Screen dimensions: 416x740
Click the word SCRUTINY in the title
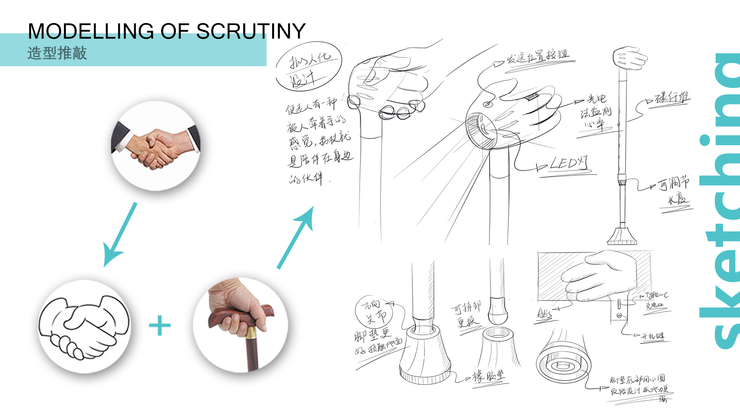[251, 31]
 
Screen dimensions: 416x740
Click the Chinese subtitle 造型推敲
[57, 53]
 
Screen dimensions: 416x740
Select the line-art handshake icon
[84, 327]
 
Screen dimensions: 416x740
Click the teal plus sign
[160, 325]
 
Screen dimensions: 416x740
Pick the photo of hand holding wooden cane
[240, 325]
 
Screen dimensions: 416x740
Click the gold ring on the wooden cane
[251, 332]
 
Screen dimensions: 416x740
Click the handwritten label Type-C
[657, 295]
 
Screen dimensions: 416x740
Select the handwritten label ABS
[545, 314]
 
